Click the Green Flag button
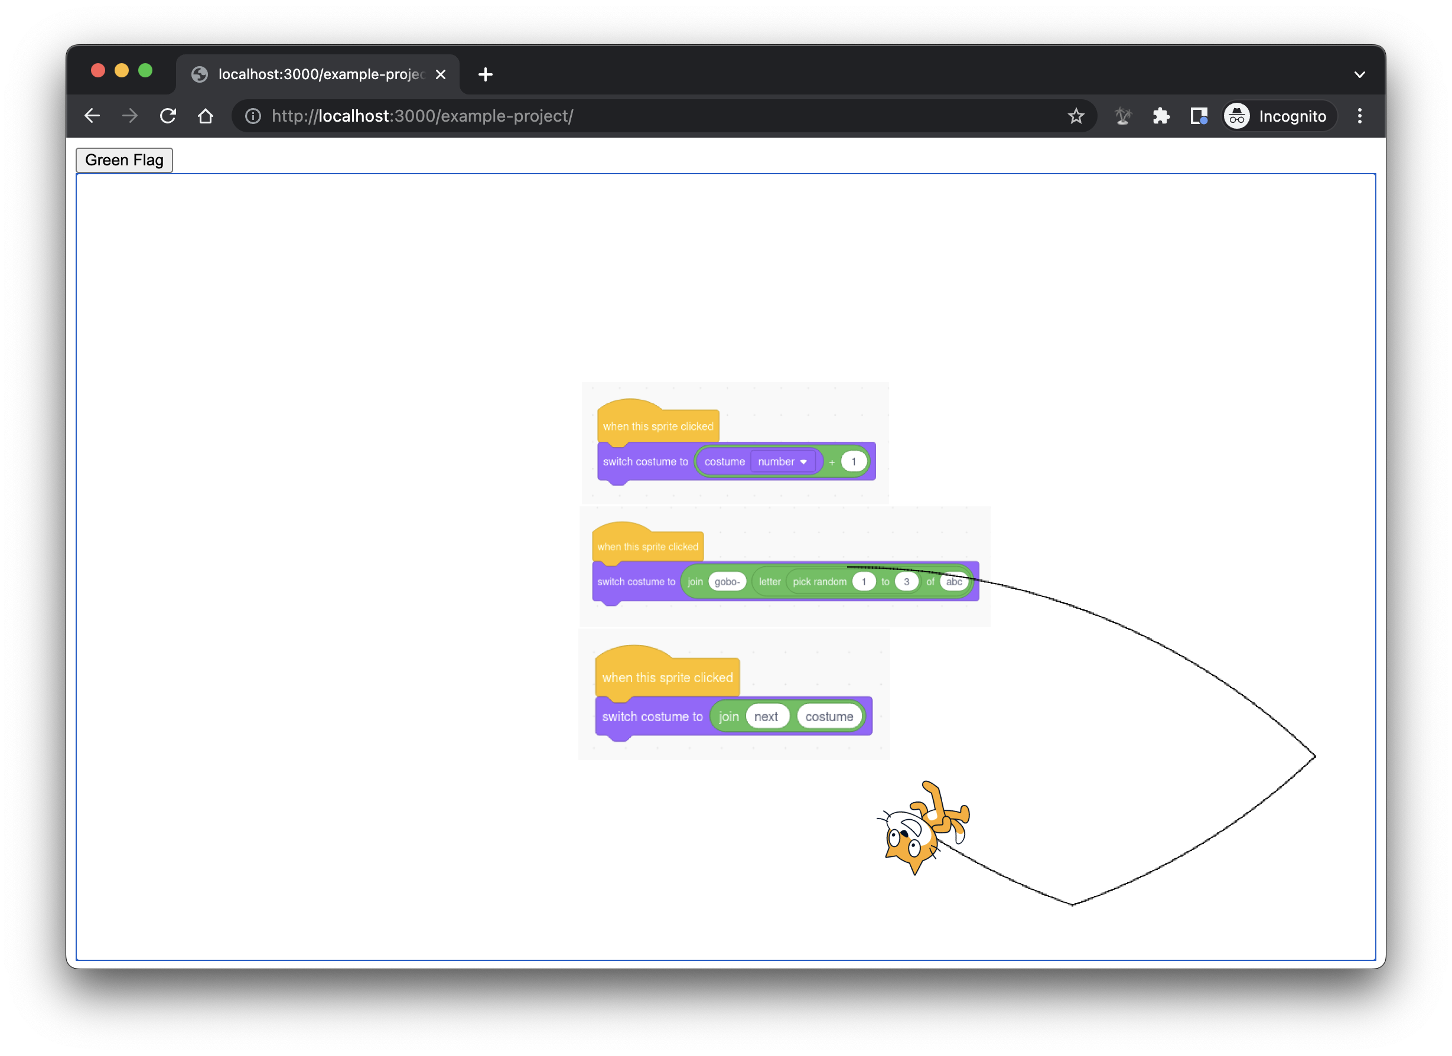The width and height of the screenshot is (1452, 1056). point(124,160)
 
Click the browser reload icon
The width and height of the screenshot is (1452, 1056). point(168,116)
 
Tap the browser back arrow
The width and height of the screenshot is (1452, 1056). point(92,116)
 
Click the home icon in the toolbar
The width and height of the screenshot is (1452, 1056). point(206,116)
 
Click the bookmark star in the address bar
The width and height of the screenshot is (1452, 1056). point(1076,116)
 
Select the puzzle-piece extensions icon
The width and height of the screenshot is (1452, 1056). point(1161,116)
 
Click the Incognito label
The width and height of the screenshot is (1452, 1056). point(1292,116)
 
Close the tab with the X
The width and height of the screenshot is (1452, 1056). point(441,74)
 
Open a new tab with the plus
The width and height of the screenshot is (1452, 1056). point(486,74)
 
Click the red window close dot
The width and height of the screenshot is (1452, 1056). point(98,70)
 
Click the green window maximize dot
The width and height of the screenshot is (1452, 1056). point(145,70)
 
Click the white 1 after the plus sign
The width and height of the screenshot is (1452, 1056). point(854,461)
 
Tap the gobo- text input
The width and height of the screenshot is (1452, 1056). point(727,582)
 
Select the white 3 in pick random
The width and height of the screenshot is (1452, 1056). point(906,582)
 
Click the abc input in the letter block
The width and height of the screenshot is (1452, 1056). point(954,582)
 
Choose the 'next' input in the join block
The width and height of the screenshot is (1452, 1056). point(766,717)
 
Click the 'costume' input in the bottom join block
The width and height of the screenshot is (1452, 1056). point(829,717)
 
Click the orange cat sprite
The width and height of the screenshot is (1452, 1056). point(922,829)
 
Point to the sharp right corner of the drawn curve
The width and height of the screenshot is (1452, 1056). point(1314,757)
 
